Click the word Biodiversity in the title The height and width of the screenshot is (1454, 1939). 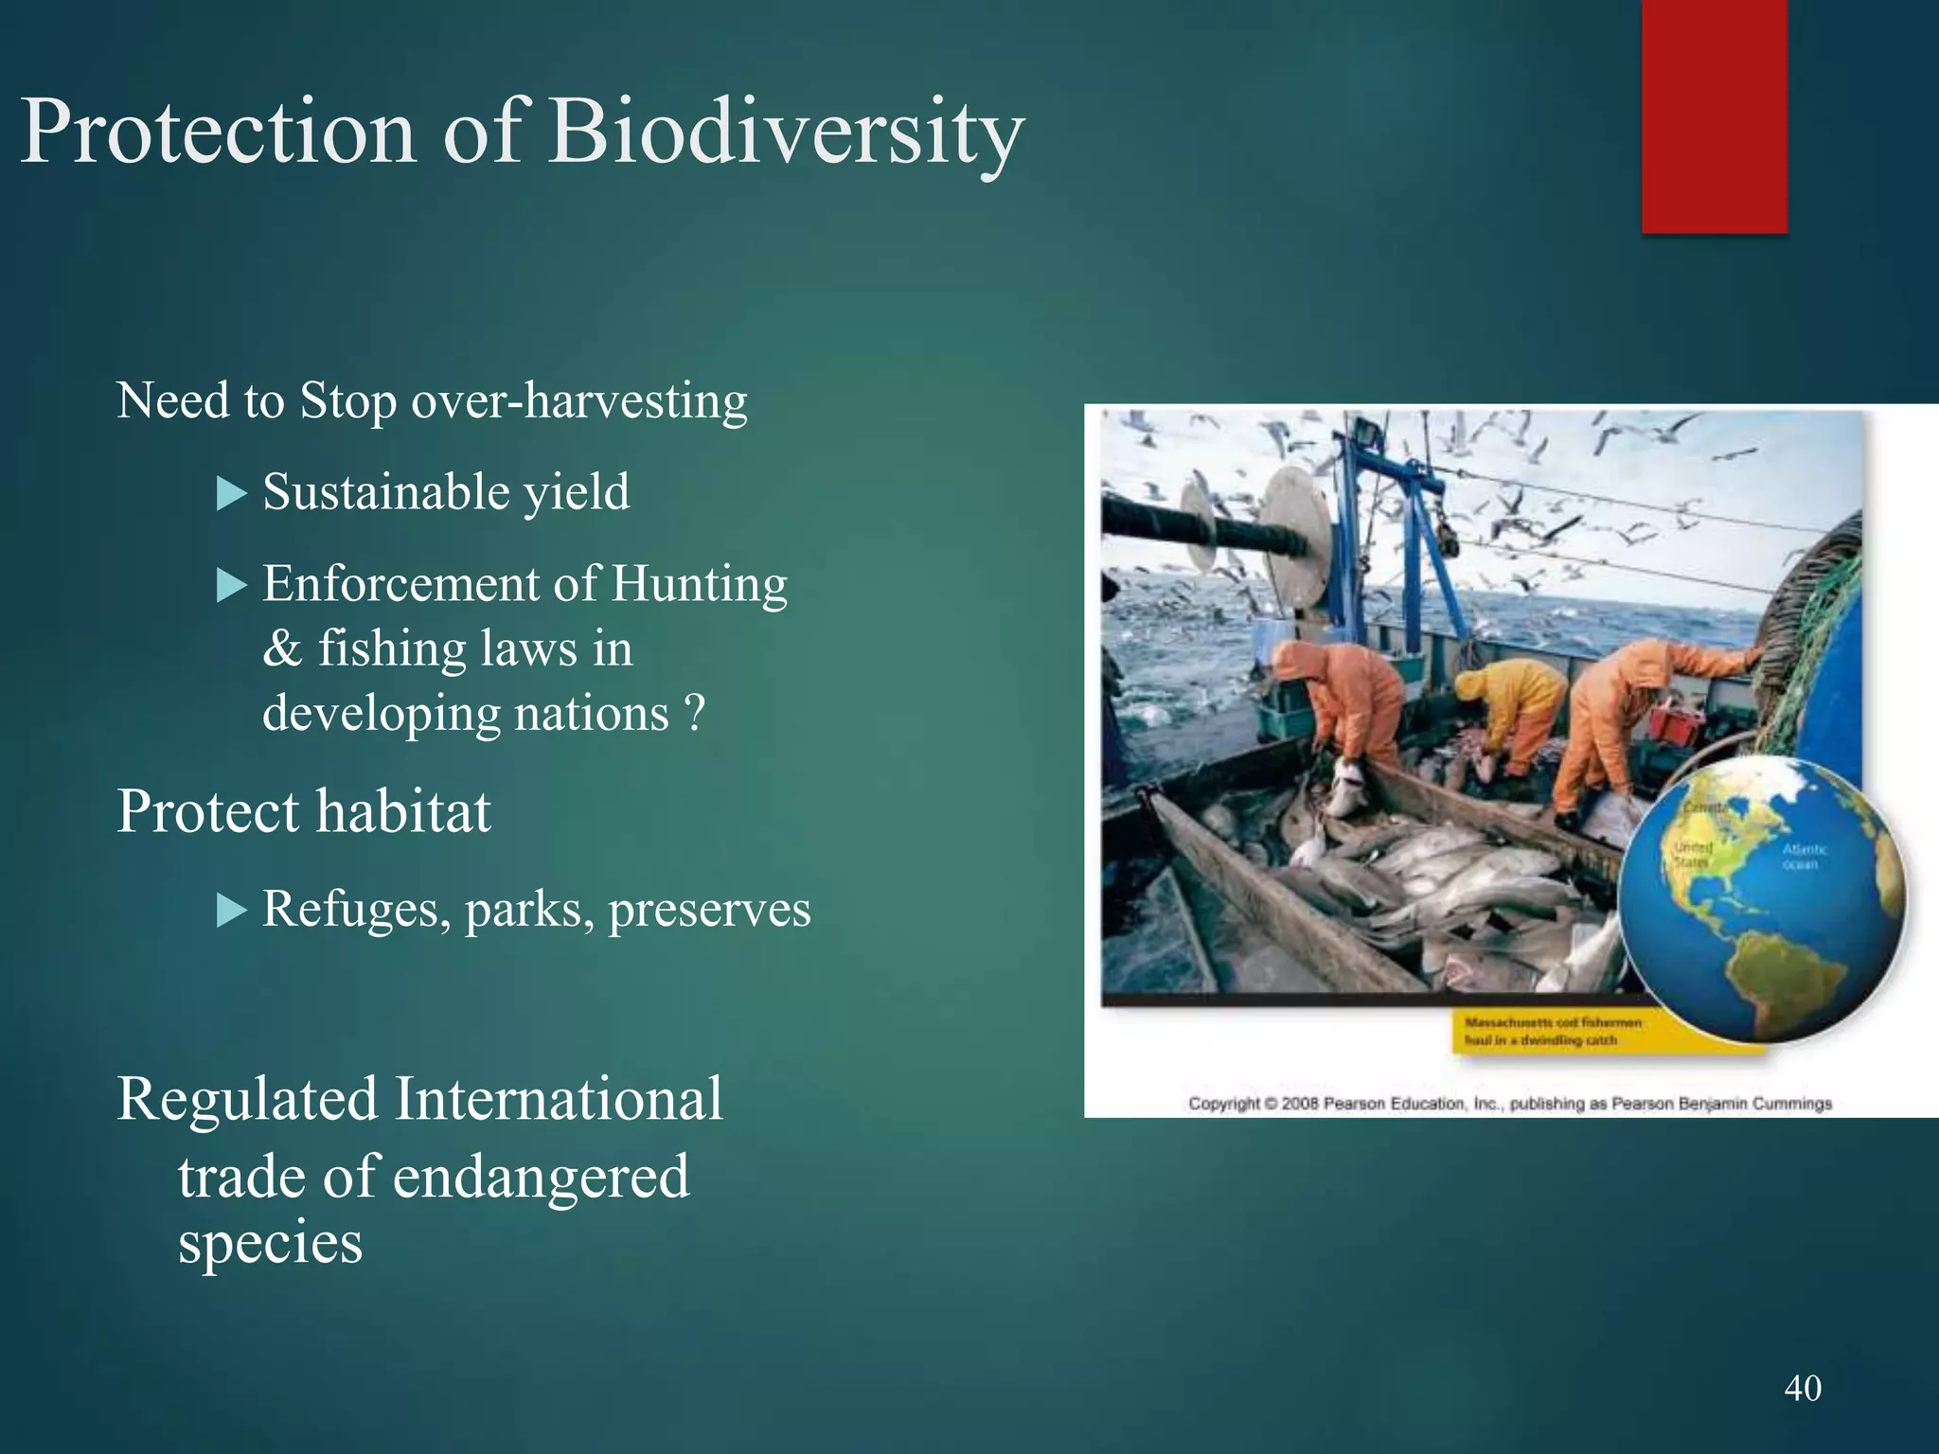pyautogui.click(x=786, y=133)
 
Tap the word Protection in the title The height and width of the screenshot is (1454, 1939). pyautogui.click(x=218, y=133)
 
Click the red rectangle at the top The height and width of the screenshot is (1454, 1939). pyautogui.click(x=1714, y=114)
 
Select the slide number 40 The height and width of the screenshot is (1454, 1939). pyautogui.click(x=1803, y=1388)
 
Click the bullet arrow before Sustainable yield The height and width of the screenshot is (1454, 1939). pyautogui.click(x=231, y=493)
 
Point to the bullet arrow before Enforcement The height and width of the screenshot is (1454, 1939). pyautogui.click(x=231, y=585)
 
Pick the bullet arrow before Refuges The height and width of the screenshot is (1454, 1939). pyautogui.click(x=231, y=911)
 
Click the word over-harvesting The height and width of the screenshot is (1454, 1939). pyautogui.click(x=579, y=401)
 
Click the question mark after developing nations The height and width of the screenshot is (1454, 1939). pyautogui.click(x=694, y=714)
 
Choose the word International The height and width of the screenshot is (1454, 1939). pyautogui.click(x=559, y=1100)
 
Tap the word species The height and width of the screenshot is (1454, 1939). pyautogui.click(x=271, y=1242)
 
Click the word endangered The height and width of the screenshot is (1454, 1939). pyautogui.click(x=541, y=1178)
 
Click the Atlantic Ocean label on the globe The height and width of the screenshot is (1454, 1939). pyautogui.click(x=1804, y=857)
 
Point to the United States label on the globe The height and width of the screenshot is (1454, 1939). pyautogui.click(x=1692, y=854)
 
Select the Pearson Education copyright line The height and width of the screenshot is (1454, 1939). pyautogui.click(x=1509, y=1104)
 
